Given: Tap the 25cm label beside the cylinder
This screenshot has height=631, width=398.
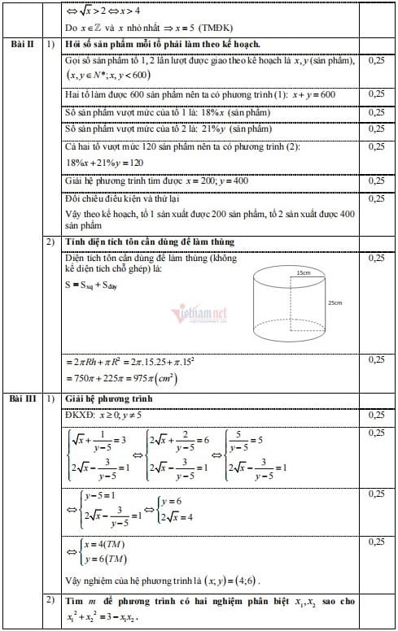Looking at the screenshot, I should (x=335, y=302).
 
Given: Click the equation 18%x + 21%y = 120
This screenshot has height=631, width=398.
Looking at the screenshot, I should (x=98, y=162).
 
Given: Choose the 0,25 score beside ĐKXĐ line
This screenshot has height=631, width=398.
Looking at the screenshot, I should (x=376, y=415).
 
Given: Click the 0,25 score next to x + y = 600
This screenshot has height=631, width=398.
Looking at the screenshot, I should (x=376, y=94).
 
